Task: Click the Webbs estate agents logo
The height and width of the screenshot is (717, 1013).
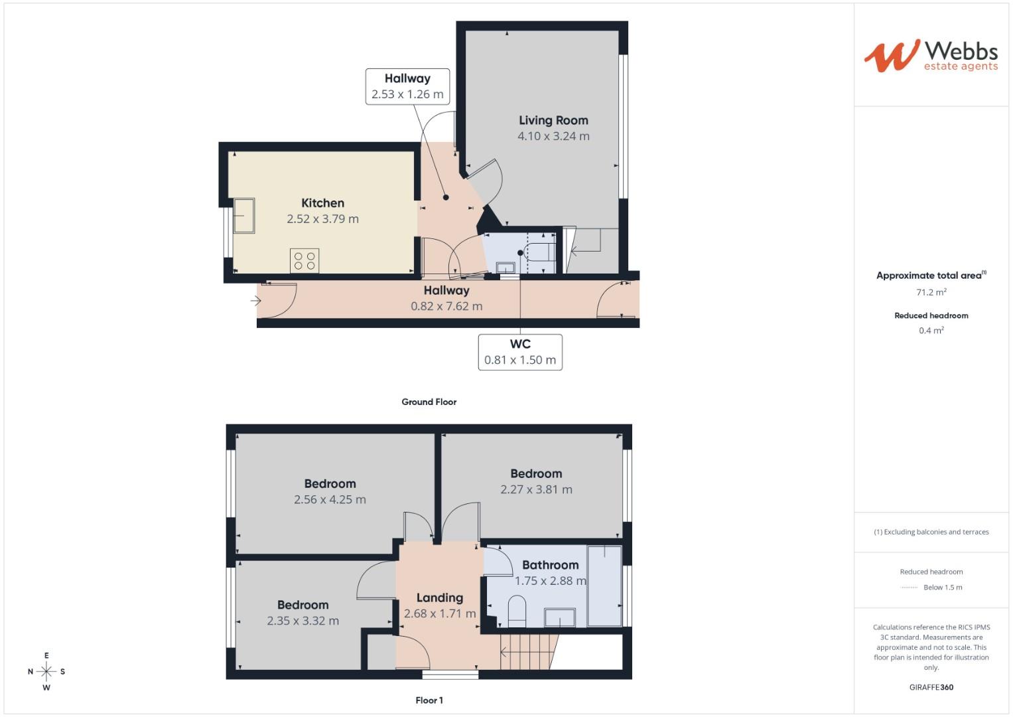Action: [931, 56]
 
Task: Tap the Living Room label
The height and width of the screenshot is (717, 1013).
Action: [553, 120]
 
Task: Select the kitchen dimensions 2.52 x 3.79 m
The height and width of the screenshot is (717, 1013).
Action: [322, 219]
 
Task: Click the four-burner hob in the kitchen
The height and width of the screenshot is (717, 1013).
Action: [304, 260]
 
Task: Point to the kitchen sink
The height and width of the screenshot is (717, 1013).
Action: [243, 216]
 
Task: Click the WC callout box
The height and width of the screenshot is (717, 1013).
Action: [520, 352]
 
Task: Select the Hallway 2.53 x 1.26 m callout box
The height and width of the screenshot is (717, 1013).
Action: [407, 86]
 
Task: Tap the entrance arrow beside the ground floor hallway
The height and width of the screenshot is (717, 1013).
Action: [256, 301]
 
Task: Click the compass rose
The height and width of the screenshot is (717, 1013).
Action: [46, 671]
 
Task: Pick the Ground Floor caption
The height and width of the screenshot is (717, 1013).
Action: [429, 402]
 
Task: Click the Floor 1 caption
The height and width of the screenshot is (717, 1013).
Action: [429, 700]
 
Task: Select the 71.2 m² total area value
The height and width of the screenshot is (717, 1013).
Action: [931, 292]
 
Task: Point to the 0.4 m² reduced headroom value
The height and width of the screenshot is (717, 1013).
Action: [931, 331]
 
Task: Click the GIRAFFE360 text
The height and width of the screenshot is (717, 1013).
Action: [931, 687]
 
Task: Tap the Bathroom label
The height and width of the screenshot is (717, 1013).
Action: [550, 565]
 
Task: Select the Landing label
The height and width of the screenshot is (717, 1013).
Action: [439, 597]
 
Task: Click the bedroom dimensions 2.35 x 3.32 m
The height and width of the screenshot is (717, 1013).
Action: [303, 621]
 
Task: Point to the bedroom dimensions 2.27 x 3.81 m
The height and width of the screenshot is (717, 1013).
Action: [536, 490]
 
